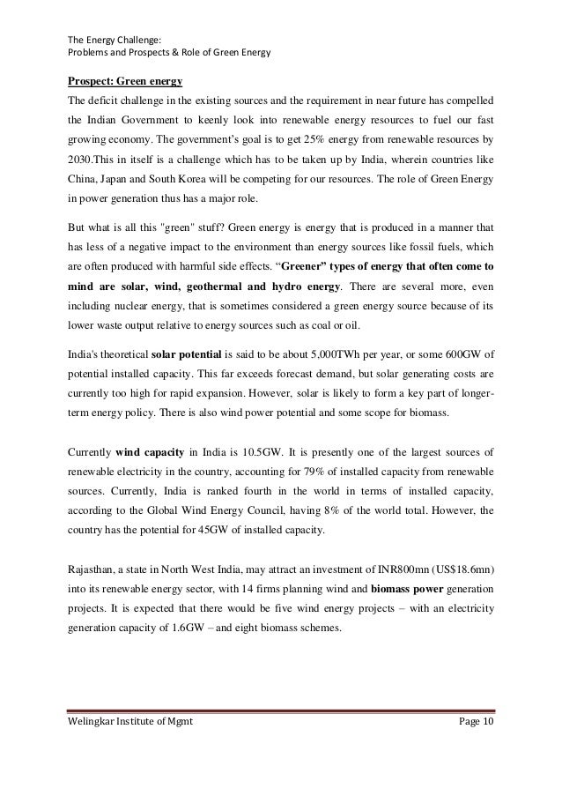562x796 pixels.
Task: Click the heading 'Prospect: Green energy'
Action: click(124, 83)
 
